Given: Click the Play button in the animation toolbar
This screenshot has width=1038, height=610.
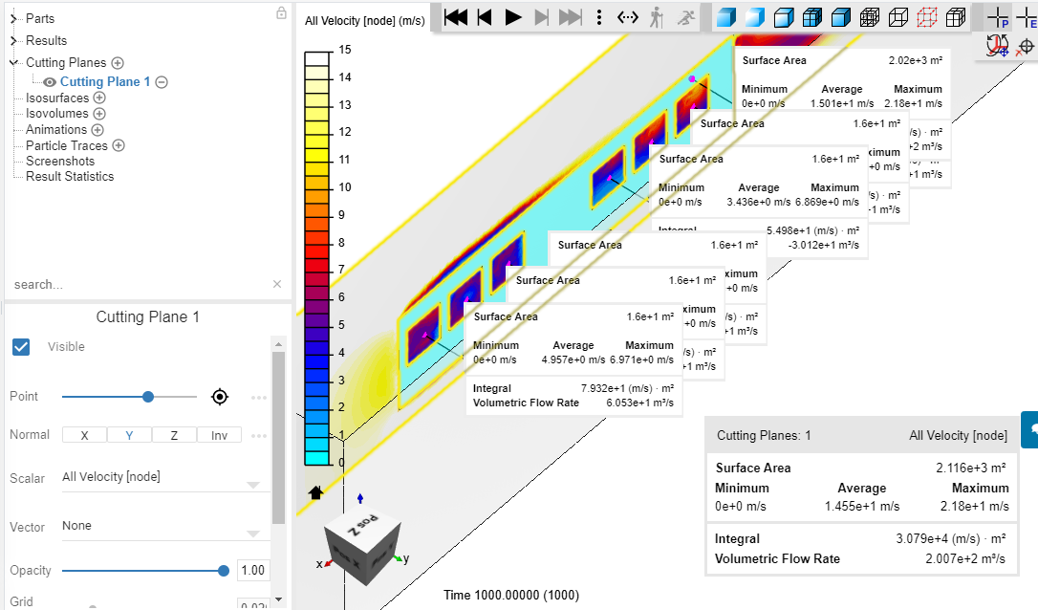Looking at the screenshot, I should (x=513, y=16).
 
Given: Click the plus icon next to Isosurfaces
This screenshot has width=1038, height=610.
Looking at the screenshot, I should (x=99, y=98).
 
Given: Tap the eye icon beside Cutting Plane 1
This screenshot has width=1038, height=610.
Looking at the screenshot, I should (x=50, y=82).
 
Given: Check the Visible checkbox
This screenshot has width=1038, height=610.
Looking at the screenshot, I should (x=21, y=346).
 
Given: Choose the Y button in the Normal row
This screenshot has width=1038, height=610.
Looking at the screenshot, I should (x=129, y=435).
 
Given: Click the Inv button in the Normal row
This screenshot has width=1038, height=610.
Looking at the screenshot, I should (x=219, y=435).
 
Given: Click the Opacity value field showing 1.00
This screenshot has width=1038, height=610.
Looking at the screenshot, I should (x=253, y=570).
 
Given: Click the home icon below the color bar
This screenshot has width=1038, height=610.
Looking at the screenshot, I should (x=315, y=492).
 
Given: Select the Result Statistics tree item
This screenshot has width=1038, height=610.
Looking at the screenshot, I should (x=70, y=176).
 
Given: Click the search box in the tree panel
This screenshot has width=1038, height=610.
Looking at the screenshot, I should (x=139, y=284).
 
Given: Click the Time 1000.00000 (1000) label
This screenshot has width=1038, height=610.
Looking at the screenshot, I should (x=510, y=595).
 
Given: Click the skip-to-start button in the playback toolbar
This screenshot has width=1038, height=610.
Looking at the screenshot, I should (x=456, y=16).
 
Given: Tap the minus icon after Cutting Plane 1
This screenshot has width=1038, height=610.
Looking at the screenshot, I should (x=162, y=82).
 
